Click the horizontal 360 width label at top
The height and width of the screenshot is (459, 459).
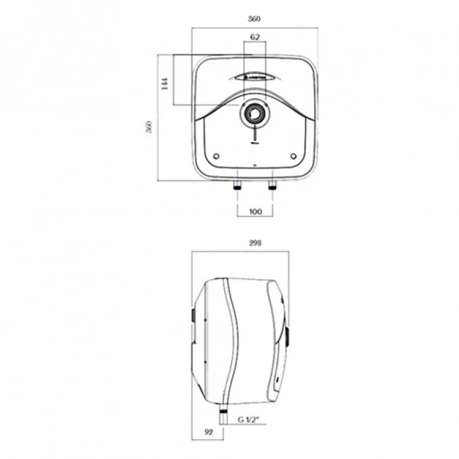255,19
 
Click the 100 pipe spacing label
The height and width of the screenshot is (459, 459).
255,212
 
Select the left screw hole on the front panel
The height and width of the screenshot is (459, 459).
216,156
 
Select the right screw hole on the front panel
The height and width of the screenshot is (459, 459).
293,156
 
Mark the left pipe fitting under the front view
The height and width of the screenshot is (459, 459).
237,184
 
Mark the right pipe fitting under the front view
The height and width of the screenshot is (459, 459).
273,184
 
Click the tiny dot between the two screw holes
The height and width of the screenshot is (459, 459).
255,164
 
